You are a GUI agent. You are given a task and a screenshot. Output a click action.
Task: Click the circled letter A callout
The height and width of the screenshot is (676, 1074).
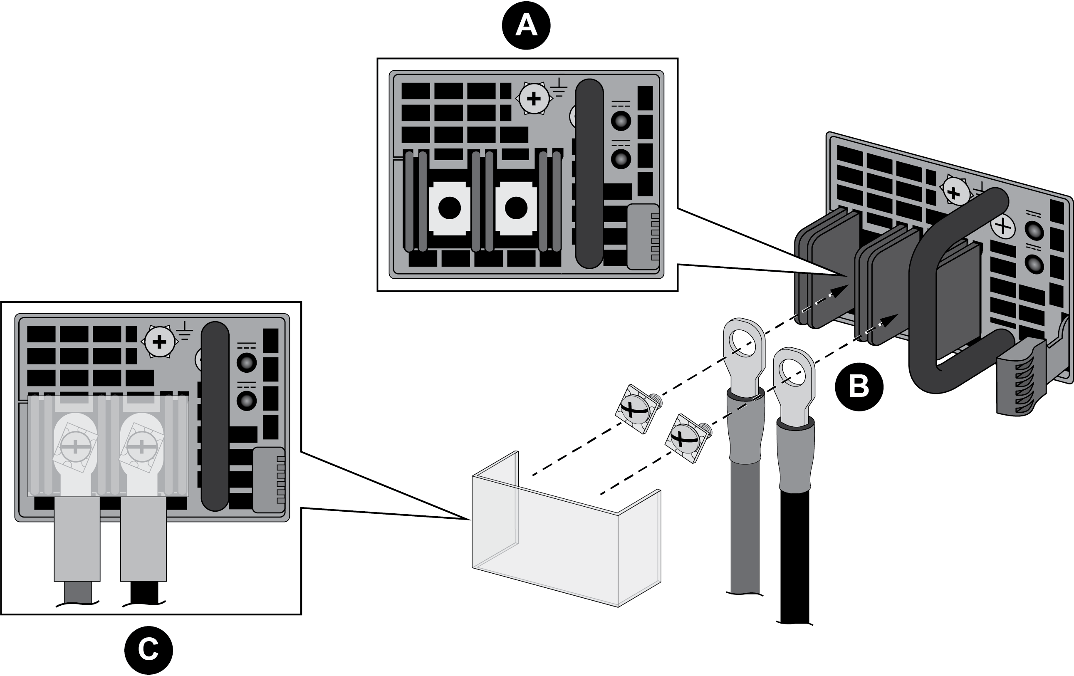coord(526,25)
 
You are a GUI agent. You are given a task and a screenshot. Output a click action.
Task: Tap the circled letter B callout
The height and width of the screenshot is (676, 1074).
coord(859,386)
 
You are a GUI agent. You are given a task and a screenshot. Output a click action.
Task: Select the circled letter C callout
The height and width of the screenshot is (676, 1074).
coord(148,650)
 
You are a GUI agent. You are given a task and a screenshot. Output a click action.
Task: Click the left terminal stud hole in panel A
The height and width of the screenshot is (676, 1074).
coord(450,208)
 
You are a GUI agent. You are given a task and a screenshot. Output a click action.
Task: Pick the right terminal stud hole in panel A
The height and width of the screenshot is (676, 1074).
coord(516,208)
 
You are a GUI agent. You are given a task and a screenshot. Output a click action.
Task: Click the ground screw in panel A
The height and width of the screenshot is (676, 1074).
coord(534,99)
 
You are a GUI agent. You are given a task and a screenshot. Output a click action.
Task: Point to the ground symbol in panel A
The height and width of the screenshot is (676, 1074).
coord(559,87)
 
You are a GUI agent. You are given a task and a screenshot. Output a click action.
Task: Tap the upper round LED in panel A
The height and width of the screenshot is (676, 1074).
coord(621,121)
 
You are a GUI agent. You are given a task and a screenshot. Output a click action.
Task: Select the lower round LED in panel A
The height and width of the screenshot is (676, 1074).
coord(621,159)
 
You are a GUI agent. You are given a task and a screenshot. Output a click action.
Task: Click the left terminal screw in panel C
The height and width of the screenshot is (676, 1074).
coord(75,447)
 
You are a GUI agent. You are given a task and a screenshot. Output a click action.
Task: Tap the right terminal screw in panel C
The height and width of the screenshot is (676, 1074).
coord(141,447)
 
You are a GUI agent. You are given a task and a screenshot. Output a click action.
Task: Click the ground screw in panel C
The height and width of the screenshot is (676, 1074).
coord(159,342)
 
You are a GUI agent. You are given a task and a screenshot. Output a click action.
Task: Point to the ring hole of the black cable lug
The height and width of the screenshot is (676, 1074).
coord(792,373)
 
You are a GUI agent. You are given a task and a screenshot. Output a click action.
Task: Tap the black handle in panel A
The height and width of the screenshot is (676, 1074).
coord(589,174)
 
